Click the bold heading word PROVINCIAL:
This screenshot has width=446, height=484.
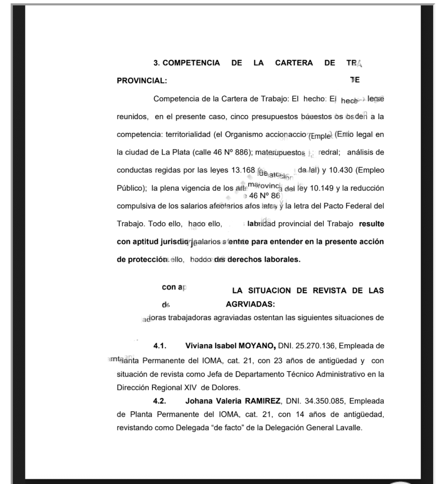tap(142, 81)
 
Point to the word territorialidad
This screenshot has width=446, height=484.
tap(184, 135)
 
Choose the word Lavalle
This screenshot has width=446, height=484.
tap(350, 428)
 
